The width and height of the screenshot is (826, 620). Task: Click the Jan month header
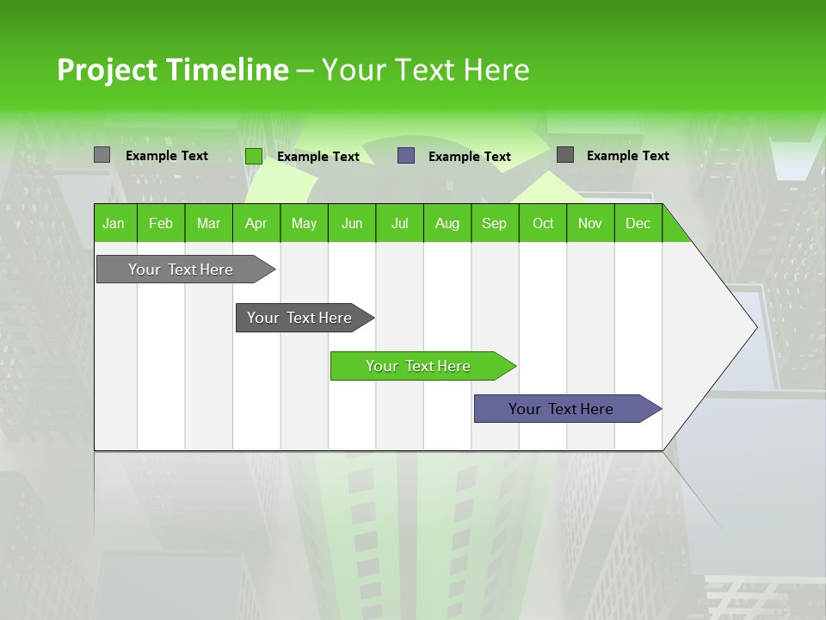coord(114,223)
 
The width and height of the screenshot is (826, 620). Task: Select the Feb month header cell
coord(161,223)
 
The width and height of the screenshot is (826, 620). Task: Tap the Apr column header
coord(256,223)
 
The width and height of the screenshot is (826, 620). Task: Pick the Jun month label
coord(352,223)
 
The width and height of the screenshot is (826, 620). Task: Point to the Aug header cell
coord(447,223)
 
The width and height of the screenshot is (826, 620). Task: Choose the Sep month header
coord(495,223)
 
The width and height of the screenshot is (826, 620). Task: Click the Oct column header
coord(543,223)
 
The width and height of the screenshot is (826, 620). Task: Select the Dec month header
coord(638,223)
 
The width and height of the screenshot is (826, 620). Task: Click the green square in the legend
coord(254,156)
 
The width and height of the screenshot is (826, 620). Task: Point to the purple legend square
coord(406,156)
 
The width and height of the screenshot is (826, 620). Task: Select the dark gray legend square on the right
coord(565,155)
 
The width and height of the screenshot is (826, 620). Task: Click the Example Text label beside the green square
coord(318,157)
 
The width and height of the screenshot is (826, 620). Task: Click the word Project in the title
coord(108,70)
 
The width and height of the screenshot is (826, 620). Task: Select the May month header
coord(304,223)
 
